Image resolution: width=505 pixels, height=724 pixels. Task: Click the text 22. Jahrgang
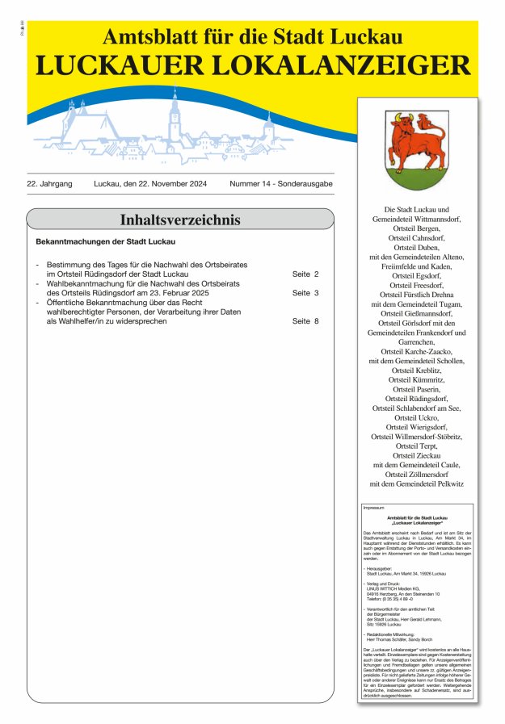(49, 184)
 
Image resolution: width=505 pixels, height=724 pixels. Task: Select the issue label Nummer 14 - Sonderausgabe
(280, 184)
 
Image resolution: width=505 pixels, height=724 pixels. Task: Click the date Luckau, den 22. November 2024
(150, 184)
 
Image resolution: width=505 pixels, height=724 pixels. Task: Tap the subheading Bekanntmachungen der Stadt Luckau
(106, 241)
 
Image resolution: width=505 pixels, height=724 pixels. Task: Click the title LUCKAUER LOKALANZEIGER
(252, 66)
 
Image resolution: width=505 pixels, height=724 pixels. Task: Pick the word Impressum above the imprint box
(374, 508)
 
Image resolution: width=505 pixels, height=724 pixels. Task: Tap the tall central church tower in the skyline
(175, 117)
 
